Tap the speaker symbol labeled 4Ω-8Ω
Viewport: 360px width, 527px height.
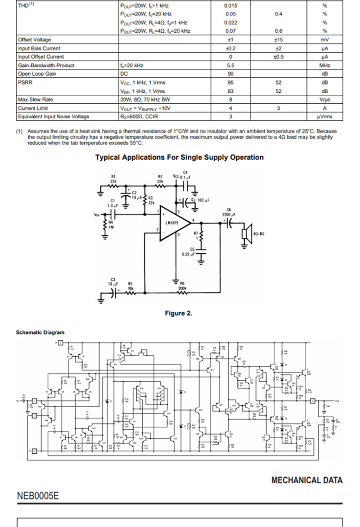pos(245,234)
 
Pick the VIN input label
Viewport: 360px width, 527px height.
pos(97,215)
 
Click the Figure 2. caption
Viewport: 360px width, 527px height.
pos(179,313)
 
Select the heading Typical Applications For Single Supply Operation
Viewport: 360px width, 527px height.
pos(179,158)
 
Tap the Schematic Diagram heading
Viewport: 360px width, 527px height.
pos(40,333)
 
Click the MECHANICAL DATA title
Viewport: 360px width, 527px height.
pos(307,480)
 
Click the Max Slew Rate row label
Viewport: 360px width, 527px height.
pos(36,99)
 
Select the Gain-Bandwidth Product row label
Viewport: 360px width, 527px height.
pos(46,66)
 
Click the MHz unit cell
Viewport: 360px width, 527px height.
pos(324,66)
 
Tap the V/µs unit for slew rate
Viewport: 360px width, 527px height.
pos(324,99)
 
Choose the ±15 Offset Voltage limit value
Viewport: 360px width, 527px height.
pos(278,40)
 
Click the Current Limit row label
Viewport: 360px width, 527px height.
pos(33,108)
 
